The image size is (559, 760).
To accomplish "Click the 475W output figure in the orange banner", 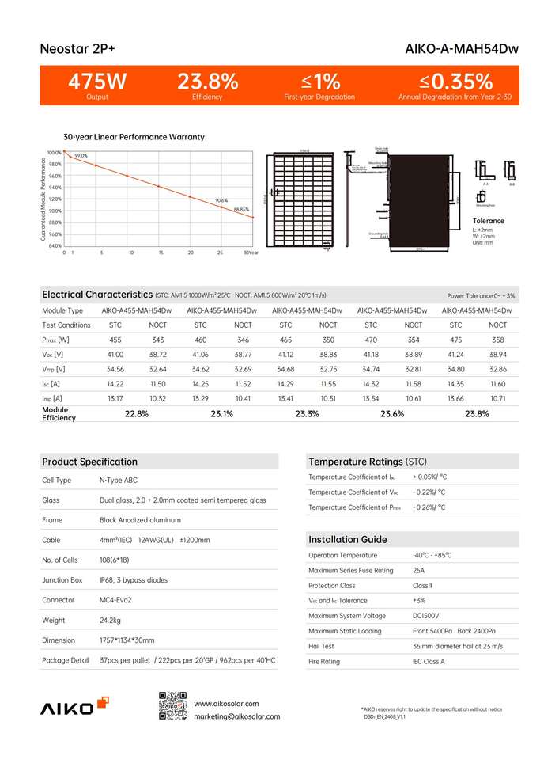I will pyautogui.click(x=97, y=82).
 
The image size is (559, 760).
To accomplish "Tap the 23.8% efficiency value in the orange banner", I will pyautogui.click(x=207, y=82).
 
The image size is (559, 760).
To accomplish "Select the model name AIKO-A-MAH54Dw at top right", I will pyautogui.click(x=462, y=49).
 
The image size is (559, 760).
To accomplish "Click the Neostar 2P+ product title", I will pyautogui.click(x=77, y=49).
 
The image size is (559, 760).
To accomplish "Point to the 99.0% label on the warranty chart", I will pyautogui.click(x=81, y=156).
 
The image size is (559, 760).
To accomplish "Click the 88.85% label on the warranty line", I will pyautogui.click(x=242, y=210).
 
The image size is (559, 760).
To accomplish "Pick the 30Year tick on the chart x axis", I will pyautogui.click(x=251, y=253).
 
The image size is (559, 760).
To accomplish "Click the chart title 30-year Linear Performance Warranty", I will pyautogui.click(x=134, y=137).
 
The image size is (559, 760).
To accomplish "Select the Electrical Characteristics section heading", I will pyautogui.click(x=97, y=294).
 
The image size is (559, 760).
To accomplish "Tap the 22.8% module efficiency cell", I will pyautogui.click(x=136, y=414).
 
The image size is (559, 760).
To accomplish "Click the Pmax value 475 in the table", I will pyautogui.click(x=456, y=340).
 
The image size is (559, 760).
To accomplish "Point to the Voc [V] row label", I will pyautogui.click(x=53, y=354).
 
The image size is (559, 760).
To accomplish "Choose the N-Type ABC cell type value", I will pyautogui.click(x=118, y=481).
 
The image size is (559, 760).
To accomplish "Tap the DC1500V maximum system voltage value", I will pyautogui.click(x=427, y=615).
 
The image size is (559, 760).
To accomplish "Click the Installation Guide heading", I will pyautogui.click(x=347, y=539).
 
